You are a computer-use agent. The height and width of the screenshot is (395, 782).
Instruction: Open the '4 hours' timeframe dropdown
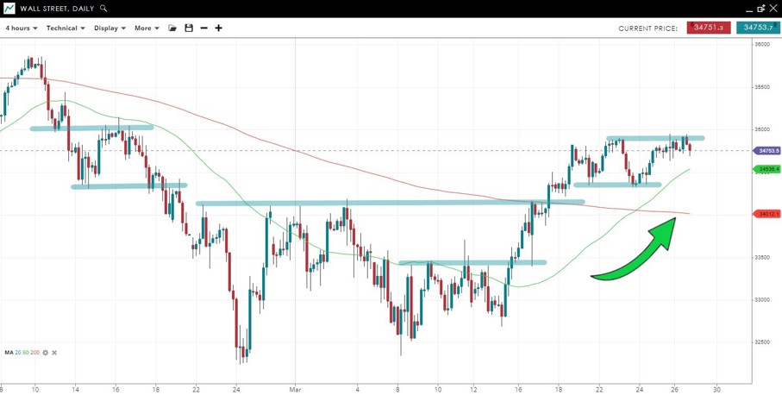[x=22, y=28]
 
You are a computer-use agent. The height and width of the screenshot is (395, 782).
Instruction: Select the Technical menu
[x=66, y=28]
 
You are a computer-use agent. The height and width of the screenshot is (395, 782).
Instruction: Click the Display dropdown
[x=109, y=28]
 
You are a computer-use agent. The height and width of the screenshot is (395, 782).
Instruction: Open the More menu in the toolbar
[x=147, y=28]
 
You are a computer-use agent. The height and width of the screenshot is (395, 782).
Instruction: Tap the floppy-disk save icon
[x=189, y=28]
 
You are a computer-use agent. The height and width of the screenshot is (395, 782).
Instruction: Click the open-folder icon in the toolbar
[x=172, y=28]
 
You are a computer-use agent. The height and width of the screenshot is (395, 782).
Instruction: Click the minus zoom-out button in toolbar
[x=203, y=28]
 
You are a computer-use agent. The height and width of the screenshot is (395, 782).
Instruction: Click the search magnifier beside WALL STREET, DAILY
[x=104, y=9]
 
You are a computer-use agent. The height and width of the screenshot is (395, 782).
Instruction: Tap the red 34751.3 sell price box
[x=709, y=28]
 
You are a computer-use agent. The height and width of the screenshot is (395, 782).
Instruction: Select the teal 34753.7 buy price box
[x=758, y=28]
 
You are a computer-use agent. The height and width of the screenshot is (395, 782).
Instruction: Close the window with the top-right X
[x=773, y=9]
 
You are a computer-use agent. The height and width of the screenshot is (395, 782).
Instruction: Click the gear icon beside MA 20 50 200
[x=45, y=353]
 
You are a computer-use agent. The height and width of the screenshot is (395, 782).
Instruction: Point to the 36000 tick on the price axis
[x=762, y=45]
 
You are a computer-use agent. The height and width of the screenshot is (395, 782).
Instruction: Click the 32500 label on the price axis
[x=762, y=342]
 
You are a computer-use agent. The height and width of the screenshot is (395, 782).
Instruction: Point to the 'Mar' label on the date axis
[x=295, y=389]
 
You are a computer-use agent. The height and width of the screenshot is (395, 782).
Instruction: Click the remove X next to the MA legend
[x=53, y=353]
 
